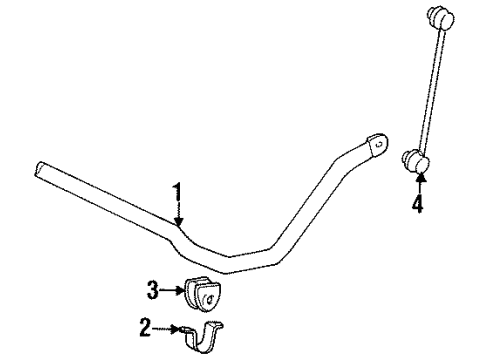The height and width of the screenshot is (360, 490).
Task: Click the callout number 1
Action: [x=178, y=190]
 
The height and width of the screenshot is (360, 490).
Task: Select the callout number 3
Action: [x=151, y=291]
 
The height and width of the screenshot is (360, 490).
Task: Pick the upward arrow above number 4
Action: [x=420, y=185]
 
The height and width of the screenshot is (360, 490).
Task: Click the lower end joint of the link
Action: [x=418, y=160]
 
